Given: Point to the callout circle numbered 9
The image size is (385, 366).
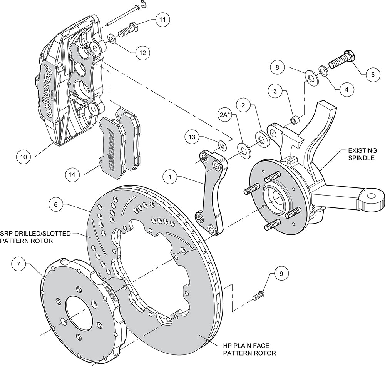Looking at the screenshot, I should click(x=281, y=274).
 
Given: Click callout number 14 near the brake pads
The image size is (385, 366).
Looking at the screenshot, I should click(x=72, y=174).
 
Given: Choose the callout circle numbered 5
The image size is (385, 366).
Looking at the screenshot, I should click(x=372, y=74).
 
